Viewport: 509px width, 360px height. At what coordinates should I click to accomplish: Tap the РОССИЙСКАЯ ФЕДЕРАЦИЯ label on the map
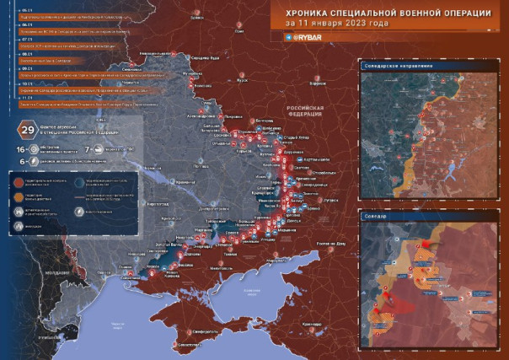(x=307, y=112)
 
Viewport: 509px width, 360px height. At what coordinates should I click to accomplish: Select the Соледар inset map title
(x=373, y=216)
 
